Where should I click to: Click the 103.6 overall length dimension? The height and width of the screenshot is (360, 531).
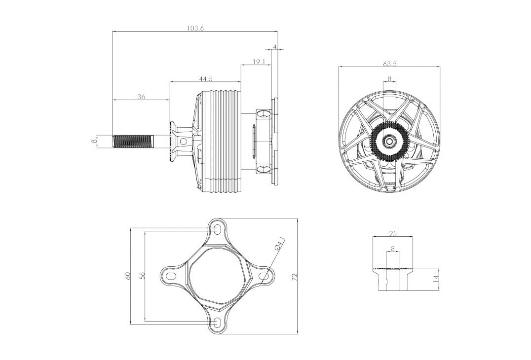pyautogui.click(x=195, y=28)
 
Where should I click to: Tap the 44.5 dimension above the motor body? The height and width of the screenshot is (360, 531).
pyautogui.click(x=206, y=79)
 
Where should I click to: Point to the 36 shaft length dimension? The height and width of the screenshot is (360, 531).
pyautogui.click(x=141, y=97)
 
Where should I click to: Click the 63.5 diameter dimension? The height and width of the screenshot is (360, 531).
pyautogui.click(x=389, y=63)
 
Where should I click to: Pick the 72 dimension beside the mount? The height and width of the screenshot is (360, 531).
pyautogui.click(x=294, y=277)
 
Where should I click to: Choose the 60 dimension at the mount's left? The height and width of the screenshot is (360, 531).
pyautogui.click(x=128, y=276)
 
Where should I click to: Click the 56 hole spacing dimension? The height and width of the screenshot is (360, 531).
pyautogui.click(x=142, y=276)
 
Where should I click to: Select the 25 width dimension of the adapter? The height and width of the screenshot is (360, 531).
pyautogui.click(x=393, y=233)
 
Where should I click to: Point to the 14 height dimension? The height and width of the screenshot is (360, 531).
pyautogui.click(x=436, y=279)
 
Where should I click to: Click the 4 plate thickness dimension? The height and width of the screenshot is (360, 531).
pyautogui.click(x=275, y=46)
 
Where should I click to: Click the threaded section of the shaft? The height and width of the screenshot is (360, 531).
pyautogui.click(x=133, y=141)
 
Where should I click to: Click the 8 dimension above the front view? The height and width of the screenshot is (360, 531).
pyautogui.click(x=389, y=79)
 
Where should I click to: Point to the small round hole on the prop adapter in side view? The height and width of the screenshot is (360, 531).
pyautogui.click(x=184, y=141)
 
